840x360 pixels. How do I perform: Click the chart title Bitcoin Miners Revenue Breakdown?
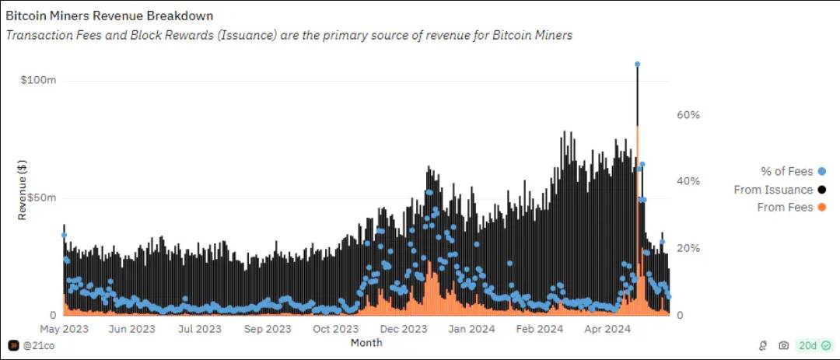pos(110,16)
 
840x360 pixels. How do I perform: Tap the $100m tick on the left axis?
pos(39,81)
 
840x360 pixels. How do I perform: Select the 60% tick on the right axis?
pos(688,114)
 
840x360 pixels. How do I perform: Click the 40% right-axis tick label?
pos(688,181)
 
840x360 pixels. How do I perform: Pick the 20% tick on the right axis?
pos(688,248)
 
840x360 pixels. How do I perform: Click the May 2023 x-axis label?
pos(65,329)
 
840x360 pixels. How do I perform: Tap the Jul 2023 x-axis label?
pos(201,329)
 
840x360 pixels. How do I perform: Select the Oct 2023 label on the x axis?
pos(336,329)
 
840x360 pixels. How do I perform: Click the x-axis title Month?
pos(366,342)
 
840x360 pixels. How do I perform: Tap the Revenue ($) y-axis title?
pos(23,189)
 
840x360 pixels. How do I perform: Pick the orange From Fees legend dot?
pos(822,208)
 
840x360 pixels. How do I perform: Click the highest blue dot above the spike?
pos(637,65)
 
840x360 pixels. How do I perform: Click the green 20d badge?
pos(813,345)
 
